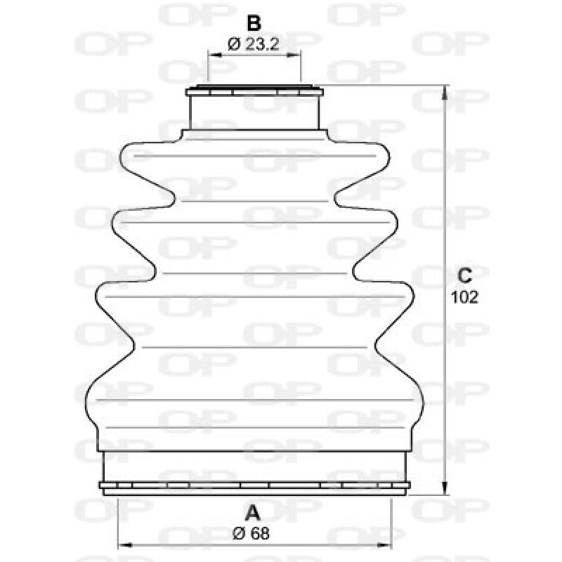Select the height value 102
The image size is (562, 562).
(464, 297)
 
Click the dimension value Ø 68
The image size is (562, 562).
(250, 533)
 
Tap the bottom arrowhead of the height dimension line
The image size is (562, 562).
(444, 490)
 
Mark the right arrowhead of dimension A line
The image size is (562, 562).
(388, 544)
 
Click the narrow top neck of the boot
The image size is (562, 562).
(255, 111)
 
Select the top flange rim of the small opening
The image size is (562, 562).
(255, 90)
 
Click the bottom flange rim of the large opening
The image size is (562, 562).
(255, 487)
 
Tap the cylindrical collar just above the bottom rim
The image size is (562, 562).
(255, 465)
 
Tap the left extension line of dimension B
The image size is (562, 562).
(209, 67)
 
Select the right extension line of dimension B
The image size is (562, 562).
(301, 67)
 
